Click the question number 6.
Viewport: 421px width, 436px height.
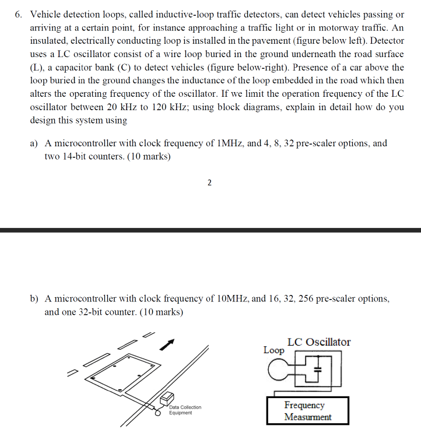pos(18,14)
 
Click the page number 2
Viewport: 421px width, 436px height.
pos(209,183)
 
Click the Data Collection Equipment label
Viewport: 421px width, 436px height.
pos(185,410)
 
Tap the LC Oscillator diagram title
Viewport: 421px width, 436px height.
pos(319,342)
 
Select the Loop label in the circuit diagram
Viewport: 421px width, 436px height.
pos(273,350)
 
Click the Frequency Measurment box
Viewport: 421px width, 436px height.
pos(307,411)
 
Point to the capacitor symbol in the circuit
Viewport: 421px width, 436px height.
pos(318,369)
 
